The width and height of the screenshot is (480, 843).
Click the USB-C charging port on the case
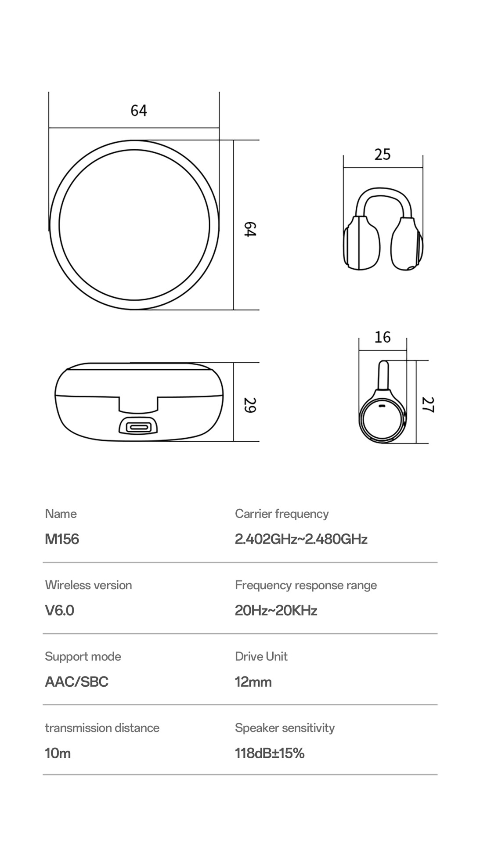point(138,426)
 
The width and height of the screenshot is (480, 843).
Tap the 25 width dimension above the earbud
point(382,154)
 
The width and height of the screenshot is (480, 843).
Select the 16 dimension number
point(383,337)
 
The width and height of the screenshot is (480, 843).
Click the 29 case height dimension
point(249,405)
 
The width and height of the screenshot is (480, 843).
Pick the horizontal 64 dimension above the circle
point(139,110)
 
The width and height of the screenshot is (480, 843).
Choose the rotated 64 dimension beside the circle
point(249,230)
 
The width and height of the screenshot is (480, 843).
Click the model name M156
point(62,539)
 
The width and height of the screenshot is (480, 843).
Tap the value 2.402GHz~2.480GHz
point(301,539)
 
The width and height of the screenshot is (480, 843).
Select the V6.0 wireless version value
point(59,610)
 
